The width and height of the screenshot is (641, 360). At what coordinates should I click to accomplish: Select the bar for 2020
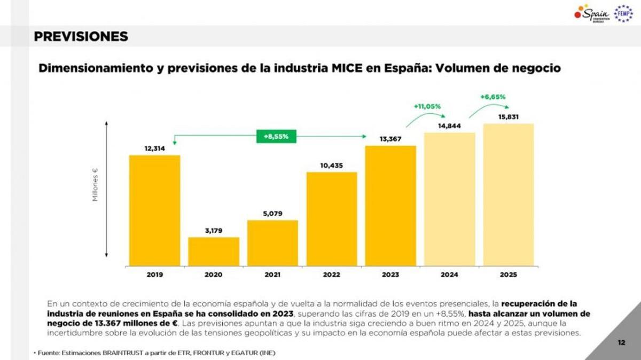click(x=214, y=251)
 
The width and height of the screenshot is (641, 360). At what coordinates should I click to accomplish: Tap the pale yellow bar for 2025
click(x=509, y=194)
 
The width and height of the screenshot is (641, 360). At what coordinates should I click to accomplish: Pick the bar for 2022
click(x=331, y=218)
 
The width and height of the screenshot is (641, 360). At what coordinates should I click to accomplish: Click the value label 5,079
click(x=272, y=214)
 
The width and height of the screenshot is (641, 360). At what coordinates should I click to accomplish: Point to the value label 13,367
click(x=390, y=139)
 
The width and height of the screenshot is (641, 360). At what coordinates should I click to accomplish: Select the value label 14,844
click(x=449, y=126)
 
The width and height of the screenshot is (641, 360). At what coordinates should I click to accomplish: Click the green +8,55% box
click(x=276, y=136)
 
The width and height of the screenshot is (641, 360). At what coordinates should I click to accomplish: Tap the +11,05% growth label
click(x=427, y=106)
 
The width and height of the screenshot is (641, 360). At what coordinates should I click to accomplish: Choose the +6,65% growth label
click(x=493, y=97)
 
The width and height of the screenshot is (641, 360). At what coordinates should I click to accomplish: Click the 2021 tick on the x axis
click(x=272, y=275)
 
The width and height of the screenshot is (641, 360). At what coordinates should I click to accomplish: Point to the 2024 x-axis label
click(x=449, y=275)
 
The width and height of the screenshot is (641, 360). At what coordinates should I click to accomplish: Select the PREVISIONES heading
click(x=81, y=36)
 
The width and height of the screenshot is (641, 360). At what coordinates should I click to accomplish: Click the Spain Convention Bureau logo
click(x=592, y=13)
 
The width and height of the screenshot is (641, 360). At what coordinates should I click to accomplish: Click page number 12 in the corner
click(x=621, y=342)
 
